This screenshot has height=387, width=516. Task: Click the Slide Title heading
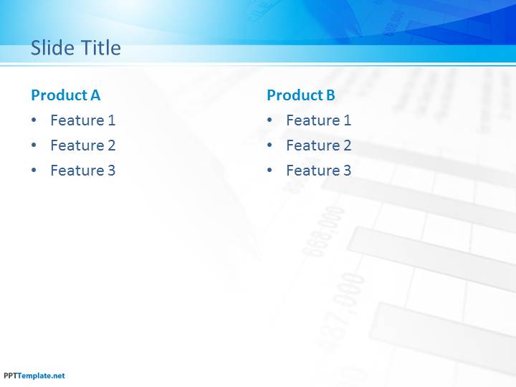76,48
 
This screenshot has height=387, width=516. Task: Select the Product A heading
65,95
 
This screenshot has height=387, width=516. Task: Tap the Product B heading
301,95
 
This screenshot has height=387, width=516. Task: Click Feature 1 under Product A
83,120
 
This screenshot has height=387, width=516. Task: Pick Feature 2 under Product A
83,145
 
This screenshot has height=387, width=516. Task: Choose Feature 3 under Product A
83,170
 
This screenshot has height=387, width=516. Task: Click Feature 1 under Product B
318,120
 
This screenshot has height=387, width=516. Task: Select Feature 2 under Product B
318,145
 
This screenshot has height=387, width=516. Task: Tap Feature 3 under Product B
318,170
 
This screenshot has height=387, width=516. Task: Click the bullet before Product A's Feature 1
34,120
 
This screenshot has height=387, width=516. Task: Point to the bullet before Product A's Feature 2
34,145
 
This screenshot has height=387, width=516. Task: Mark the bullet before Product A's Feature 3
34,170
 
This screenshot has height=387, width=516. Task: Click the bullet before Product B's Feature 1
269,120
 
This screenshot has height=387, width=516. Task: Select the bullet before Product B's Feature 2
269,145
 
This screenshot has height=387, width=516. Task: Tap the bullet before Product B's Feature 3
269,170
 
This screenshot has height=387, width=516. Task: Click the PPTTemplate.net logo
34,376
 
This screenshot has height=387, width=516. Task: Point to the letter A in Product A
95,95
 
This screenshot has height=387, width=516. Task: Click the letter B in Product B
330,95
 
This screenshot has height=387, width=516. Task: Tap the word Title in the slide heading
101,48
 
